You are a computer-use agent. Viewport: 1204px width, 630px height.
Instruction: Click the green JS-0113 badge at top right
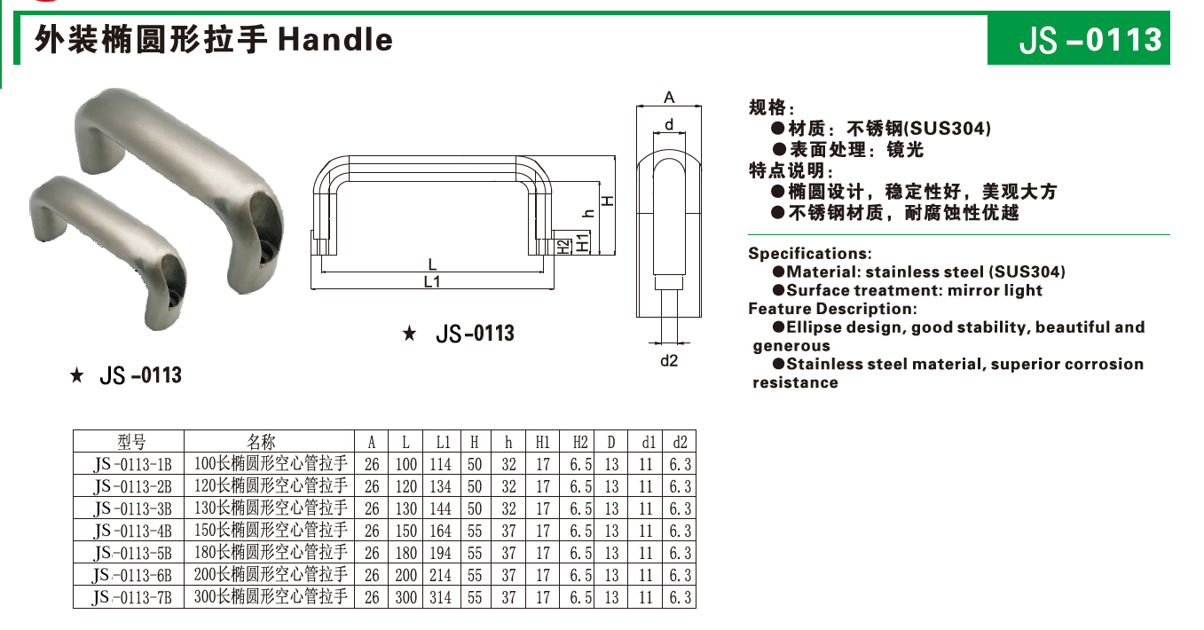tap(1078, 40)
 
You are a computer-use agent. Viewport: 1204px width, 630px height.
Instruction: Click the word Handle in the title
tap(335, 40)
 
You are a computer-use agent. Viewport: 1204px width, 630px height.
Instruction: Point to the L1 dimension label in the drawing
tap(432, 282)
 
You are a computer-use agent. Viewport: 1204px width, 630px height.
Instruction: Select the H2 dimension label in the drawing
tap(564, 245)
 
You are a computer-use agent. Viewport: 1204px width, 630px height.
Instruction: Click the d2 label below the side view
tap(669, 361)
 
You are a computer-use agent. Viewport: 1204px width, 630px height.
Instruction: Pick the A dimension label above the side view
tap(669, 98)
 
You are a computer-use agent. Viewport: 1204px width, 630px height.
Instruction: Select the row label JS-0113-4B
tap(132, 531)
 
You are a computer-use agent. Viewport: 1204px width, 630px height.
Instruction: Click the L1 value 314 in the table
tap(440, 597)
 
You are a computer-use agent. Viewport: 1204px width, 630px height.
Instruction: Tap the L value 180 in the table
tap(406, 553)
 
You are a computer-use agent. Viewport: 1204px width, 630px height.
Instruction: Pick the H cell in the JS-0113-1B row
tap(475, 464)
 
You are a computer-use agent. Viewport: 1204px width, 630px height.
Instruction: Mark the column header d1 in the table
tap(648, 442)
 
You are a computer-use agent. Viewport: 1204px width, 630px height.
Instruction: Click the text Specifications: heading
tap(809, 254)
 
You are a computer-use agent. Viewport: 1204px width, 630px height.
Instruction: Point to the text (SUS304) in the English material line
tap(1027, 272)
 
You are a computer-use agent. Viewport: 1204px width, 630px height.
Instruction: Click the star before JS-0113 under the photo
tap(77, 376)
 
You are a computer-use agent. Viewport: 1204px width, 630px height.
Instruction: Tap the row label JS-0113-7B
tap(132, 597)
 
